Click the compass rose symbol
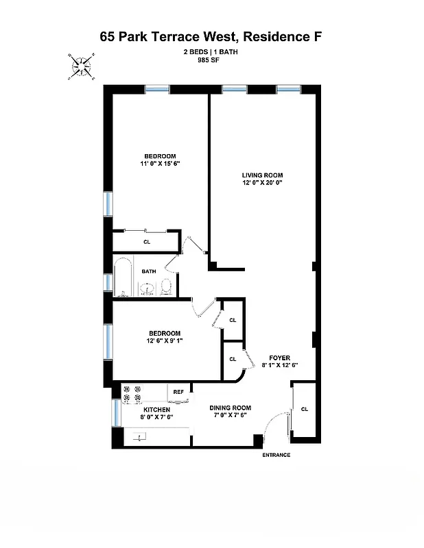82,66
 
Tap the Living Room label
262,175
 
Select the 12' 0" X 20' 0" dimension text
262,183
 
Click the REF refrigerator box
178,392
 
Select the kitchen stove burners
131,393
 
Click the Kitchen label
156,410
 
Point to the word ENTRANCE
276,455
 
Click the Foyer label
279,358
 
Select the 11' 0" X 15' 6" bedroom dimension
160,164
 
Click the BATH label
149,271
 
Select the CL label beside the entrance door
304,409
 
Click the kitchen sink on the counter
141,436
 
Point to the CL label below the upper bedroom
147,242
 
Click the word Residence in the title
279,36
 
